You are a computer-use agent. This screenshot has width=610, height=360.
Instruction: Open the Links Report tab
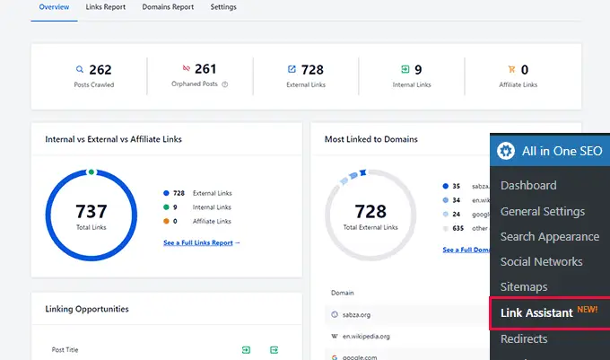tap(106, 7)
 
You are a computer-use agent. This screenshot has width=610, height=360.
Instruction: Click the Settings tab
tap(223, 7)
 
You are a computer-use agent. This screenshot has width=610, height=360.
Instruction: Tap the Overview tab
tap(53, 7)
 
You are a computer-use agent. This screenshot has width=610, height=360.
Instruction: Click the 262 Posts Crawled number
tap(100, 69)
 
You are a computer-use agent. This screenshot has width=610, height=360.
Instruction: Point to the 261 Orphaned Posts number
tap(205, 69)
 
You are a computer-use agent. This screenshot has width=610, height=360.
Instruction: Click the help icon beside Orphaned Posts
tap(225, 85)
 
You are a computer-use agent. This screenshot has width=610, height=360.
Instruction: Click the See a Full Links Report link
tap(202, 242)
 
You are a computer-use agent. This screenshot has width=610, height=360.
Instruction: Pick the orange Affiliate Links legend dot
tap(166, 221)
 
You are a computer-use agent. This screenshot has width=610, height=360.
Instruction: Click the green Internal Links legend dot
tap(166, 206)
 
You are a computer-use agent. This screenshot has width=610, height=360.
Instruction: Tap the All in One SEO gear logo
tap(507, 151)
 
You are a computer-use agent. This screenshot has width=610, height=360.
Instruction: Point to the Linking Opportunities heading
tap(87, 309)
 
